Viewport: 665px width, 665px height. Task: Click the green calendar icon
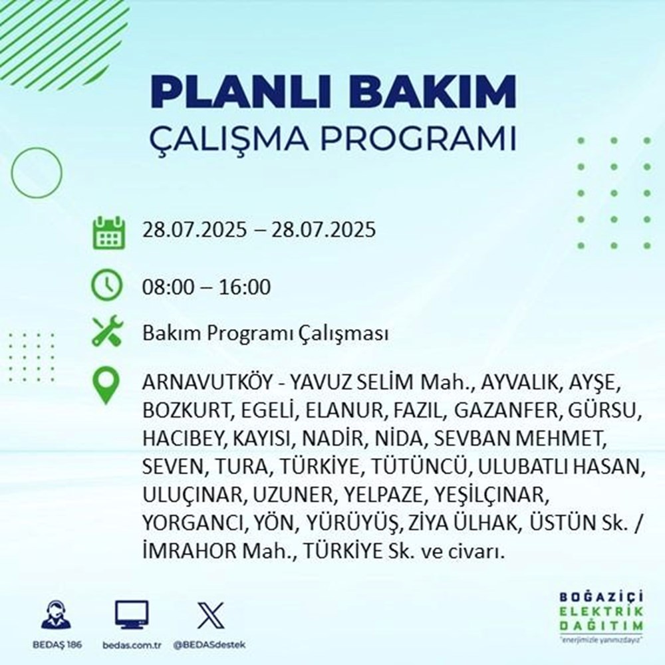click(x=108, y=231)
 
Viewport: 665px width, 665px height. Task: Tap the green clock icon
click(x=108, y=287)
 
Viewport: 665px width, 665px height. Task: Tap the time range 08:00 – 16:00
click(x=207, y=288)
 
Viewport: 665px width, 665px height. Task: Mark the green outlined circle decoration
click(x=37, y=172)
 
